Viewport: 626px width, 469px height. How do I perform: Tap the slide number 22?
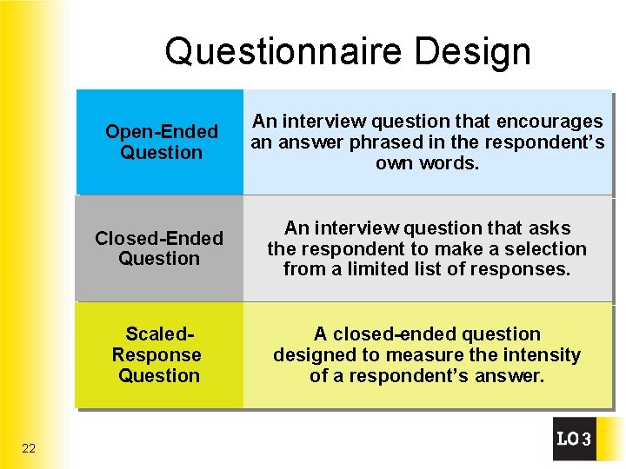(x=29, y=448)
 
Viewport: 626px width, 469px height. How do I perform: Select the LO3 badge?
(x=574, y=439)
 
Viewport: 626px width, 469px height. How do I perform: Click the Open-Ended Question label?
(x=161, y=142)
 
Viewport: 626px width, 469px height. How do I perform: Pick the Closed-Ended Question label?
(x=159, y=248)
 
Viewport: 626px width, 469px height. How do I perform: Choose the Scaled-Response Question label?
(x=157, y=354)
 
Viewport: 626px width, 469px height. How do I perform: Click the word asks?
(x=549, y=228)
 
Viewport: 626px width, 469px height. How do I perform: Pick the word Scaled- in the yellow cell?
(x=159, y=334)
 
